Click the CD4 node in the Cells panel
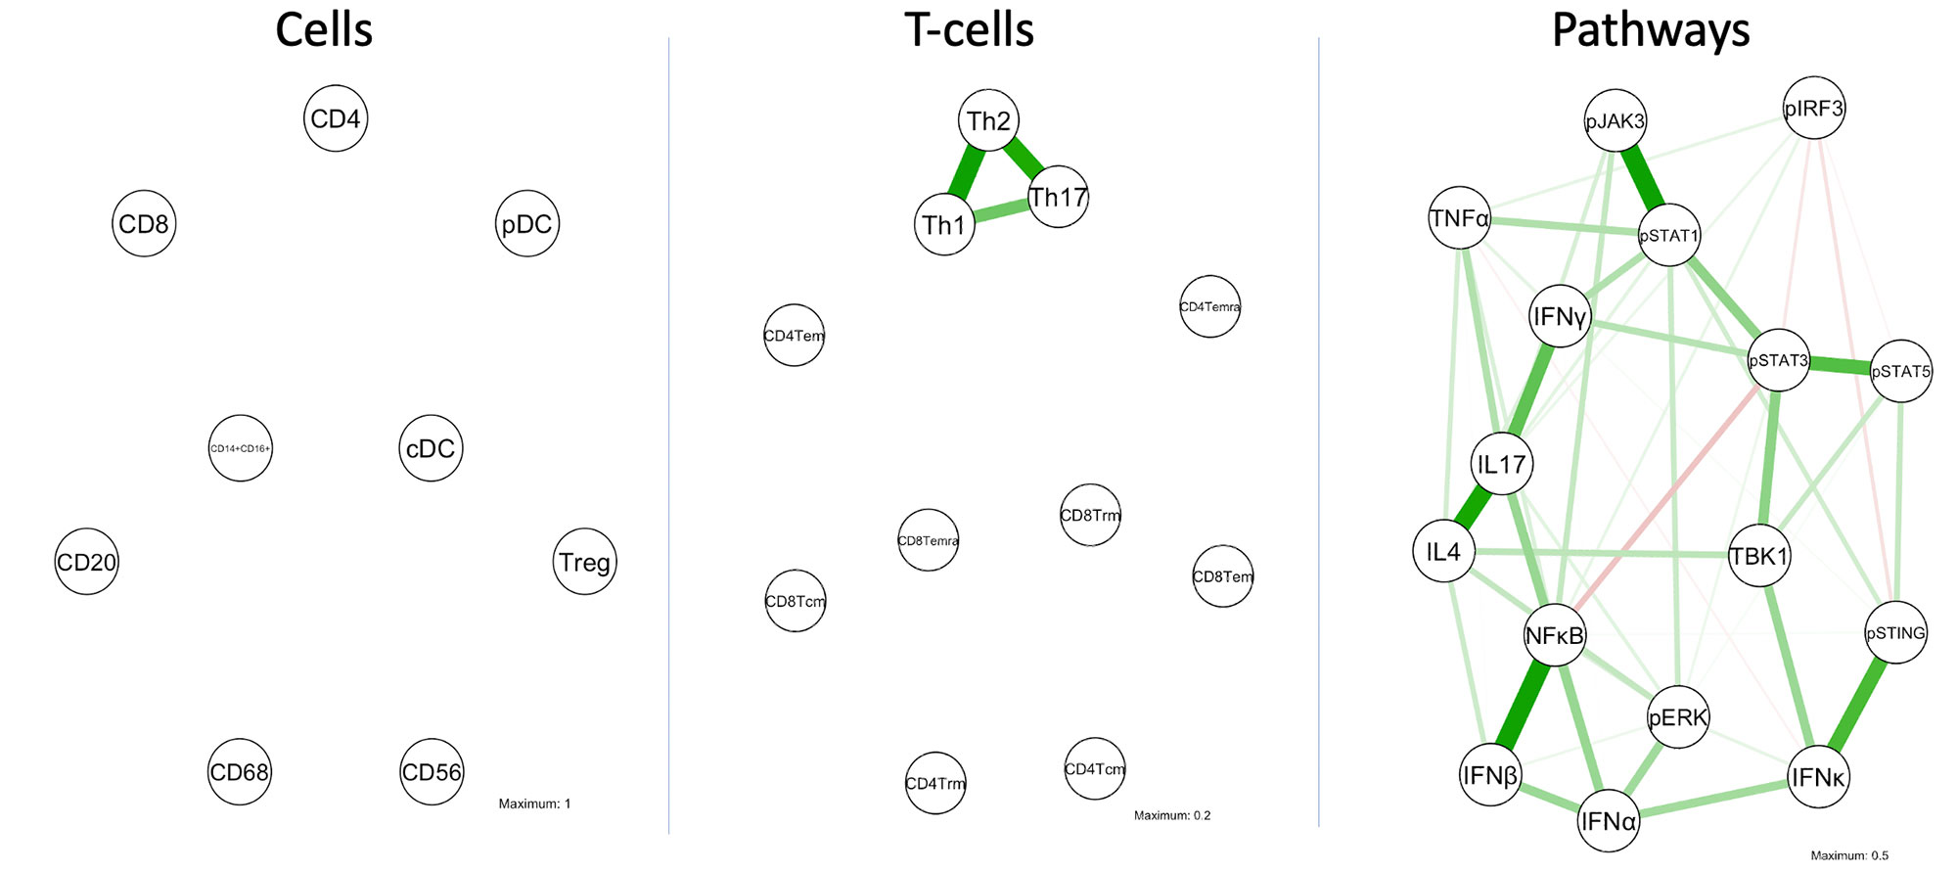click(336, 118)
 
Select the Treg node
click(584, 562)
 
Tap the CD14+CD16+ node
click(240, 448)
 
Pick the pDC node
click(526, 224)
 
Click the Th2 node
click(988, 120)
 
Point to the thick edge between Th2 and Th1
click(967, 172)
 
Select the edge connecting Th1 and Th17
click(1001, 211)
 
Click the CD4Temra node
click(1209, 306)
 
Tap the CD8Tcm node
click(795, 601)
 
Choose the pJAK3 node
click(1615, 121)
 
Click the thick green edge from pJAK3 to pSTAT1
click(1642, 178)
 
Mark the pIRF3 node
click(1813, 108)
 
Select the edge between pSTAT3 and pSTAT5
click(1840, 366)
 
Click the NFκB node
click(1554, 636)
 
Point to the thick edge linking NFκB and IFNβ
click(1523, 706)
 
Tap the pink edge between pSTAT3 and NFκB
click(1663, 499)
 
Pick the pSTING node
click(1895, 632)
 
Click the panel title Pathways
click(1651, 30)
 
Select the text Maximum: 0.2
click(1171, 815)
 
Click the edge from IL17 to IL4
click(1473, 508)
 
